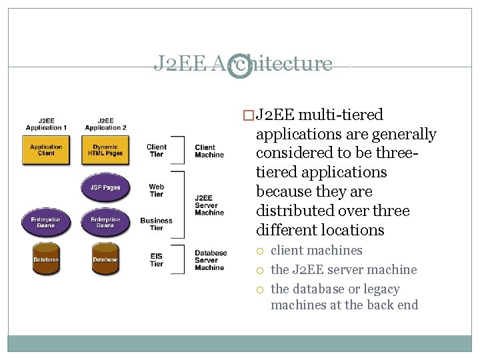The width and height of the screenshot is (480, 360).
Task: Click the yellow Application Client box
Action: click(x=46, y=151)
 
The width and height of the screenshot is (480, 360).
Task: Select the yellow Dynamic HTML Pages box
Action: click(x=105, y=151)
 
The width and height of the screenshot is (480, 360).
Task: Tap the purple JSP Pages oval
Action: click(x=105, y=187)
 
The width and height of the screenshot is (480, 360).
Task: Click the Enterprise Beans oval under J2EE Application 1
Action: click(x=46, y=223)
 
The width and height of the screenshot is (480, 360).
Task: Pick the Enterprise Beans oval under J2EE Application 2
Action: click(x=105, y=223)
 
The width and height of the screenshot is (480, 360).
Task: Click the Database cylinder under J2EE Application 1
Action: click(x=46, y=259)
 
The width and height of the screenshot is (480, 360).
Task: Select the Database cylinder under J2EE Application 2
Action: click(x=105, y=259)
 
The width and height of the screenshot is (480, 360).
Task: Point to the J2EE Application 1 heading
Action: click(x=46, y=124)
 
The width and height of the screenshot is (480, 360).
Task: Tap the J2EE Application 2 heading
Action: click(x=105, y=124)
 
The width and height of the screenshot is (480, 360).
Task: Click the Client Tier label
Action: click(x=156, y=151)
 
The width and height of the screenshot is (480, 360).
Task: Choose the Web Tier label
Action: click(x=156, y=191)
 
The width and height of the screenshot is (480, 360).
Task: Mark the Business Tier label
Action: click(x=156, y=224)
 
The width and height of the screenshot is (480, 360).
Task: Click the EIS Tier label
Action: click(x=156, y=260)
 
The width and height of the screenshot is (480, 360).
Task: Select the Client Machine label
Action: click(x=209, y=151)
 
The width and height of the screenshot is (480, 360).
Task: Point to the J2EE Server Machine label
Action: click(x=209, y=205)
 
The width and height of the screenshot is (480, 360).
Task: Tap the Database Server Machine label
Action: click(x=211, y=260)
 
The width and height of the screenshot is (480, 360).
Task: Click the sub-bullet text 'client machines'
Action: click(x=316, y=251)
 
